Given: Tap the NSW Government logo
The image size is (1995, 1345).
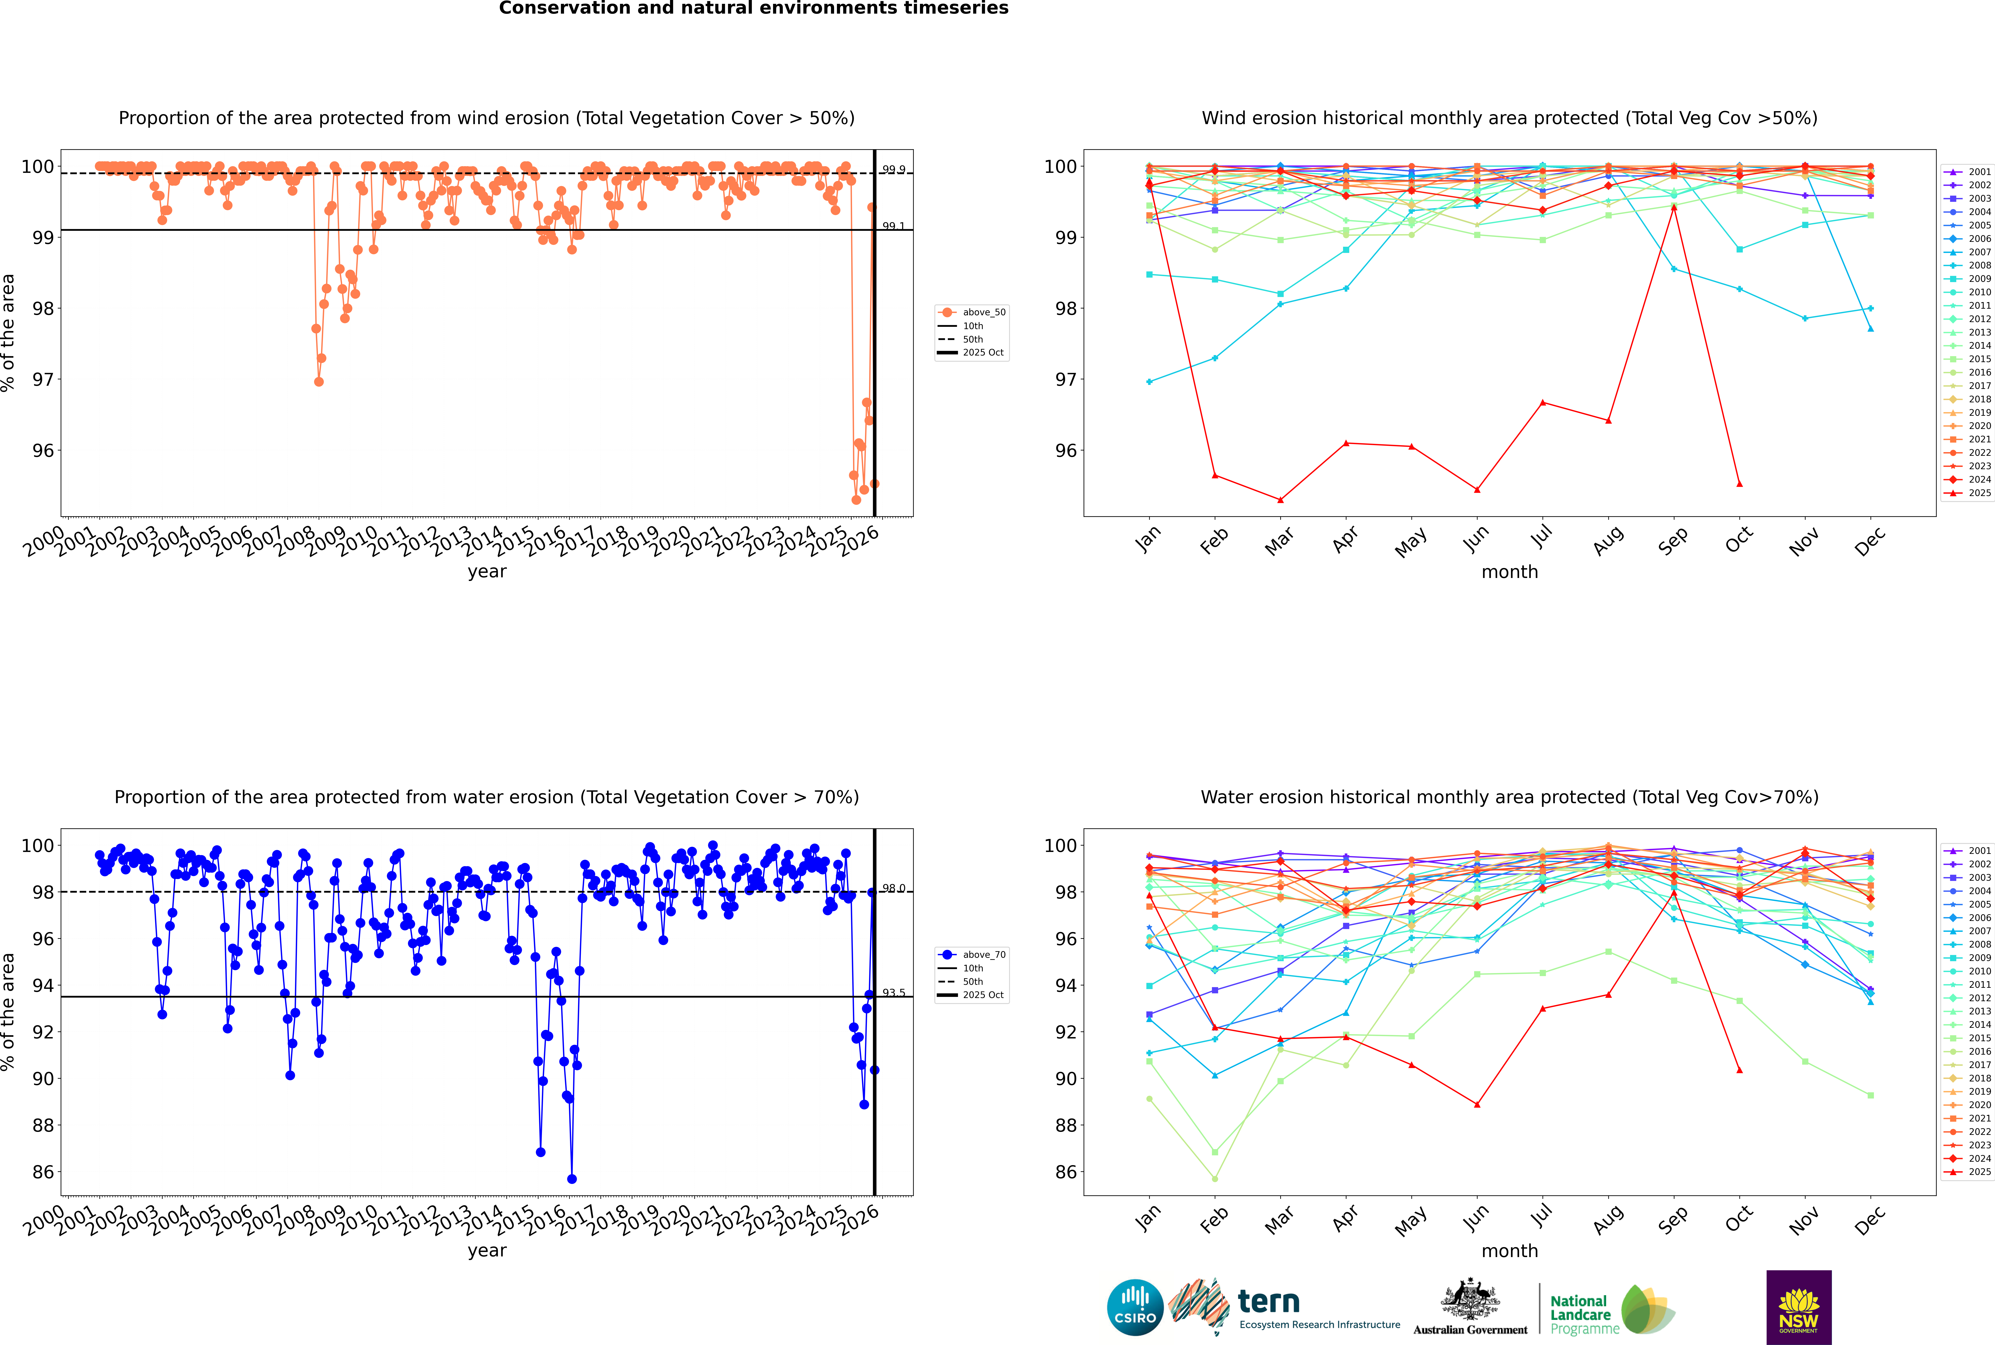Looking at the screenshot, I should [x=1799, y=1306].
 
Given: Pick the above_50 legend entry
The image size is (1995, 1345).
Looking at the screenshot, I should [x=983, y=312].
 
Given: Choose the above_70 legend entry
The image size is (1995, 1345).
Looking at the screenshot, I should [x=983, y=955].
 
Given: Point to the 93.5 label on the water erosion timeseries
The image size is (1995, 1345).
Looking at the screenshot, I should [x=894, y=992].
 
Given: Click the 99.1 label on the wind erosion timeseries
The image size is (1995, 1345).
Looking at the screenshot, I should [x=894, y=227].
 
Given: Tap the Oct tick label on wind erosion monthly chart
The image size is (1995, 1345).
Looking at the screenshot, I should [x=1739, y=540].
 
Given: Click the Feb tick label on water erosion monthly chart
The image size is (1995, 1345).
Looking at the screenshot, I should [x=1214, y=1220].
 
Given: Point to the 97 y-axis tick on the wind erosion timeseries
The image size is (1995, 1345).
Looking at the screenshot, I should [x=43, y=379].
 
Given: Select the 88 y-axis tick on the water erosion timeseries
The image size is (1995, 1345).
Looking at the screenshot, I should [x=43, y=1125].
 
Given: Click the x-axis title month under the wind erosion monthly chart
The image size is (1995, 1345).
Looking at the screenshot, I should [x=1509, y=572].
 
